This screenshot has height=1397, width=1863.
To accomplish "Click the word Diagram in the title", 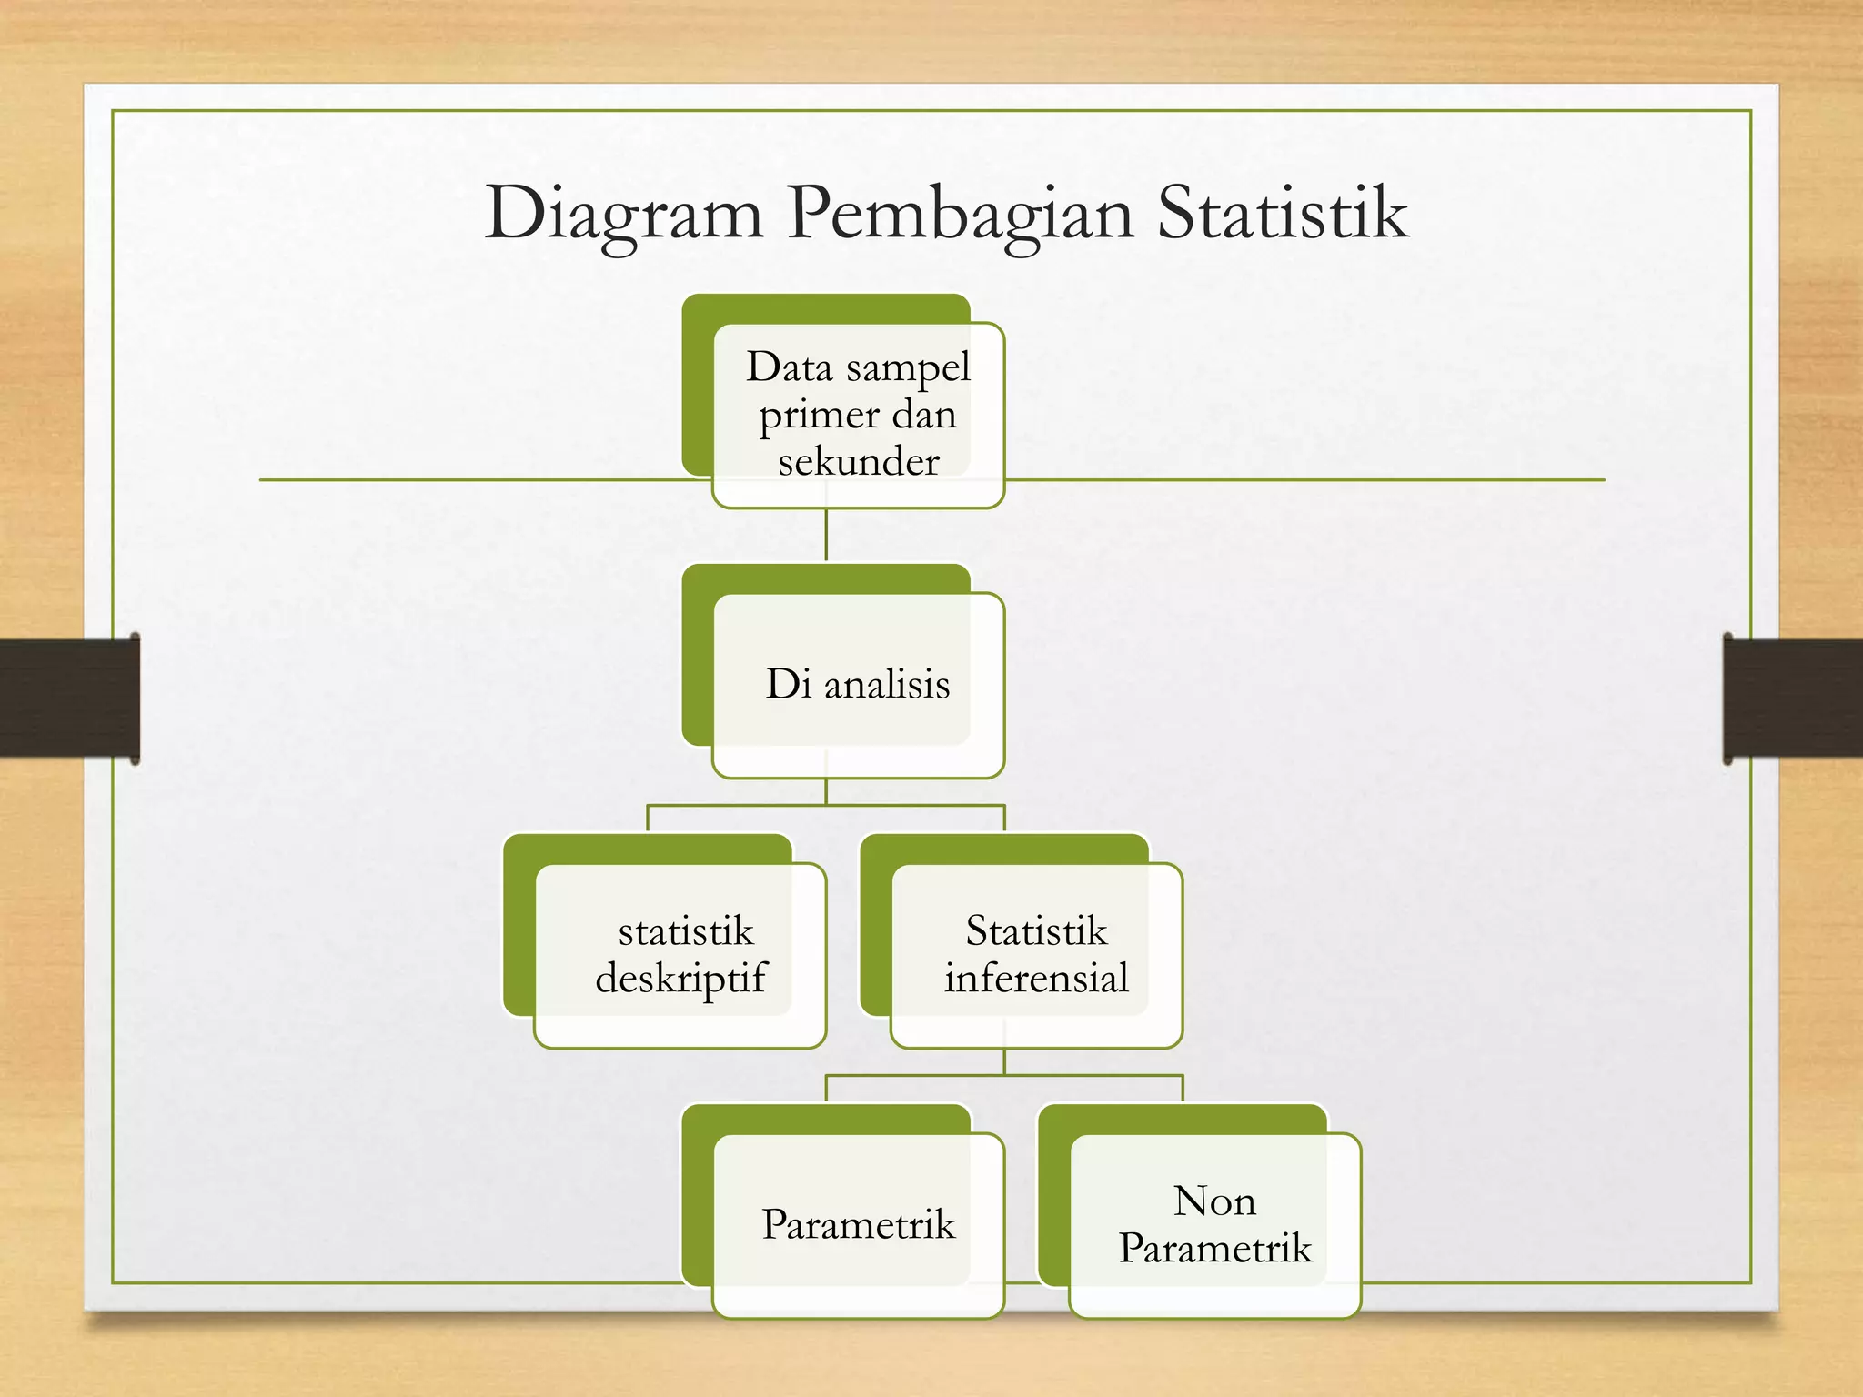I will (x=624, y=215).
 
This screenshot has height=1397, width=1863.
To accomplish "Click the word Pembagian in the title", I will (x=961, y=215).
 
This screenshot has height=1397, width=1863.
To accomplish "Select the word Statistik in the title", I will (x=1282, y=213).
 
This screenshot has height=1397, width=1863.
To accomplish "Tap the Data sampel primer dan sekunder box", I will (x=858, y=415).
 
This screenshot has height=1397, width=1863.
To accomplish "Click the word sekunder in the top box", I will (x=858, y=462).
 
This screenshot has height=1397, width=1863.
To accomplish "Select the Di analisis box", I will (x=858, y=684).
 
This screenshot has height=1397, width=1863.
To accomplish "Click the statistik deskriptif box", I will (x=680, y=955).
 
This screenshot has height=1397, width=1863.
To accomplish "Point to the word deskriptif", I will (x=680, y=979).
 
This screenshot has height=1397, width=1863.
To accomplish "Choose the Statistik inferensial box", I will (x=1036, y=955).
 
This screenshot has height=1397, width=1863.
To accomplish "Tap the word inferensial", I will (x=1036, y=979).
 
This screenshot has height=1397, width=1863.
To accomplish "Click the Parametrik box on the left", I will (x=858, y=1224).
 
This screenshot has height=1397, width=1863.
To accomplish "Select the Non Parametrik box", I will (x=1214, y=1224).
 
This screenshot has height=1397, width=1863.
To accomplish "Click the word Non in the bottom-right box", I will (x=1214, y=1201).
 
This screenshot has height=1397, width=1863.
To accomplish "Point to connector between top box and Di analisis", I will (x=826, y=535).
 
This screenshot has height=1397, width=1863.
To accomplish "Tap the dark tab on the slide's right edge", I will (x=1792, y=698).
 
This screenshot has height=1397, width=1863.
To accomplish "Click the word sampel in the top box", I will (x=908, y=368).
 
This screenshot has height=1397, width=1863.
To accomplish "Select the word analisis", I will (x=887, y=685).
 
